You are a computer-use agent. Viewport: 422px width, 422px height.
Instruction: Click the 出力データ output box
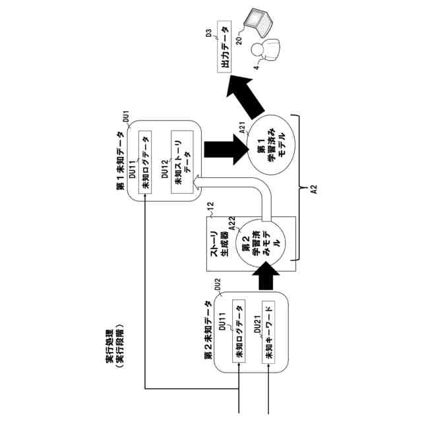click(224, 47)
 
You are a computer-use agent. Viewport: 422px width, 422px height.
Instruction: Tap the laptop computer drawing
click(258, 22)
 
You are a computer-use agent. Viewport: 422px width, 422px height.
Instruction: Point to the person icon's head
click(256, 49)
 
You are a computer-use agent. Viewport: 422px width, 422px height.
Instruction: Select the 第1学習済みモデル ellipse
click(271, 145)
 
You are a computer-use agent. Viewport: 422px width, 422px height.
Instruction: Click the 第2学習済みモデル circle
click(259, 243)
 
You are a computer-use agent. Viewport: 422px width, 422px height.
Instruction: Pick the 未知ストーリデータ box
click(182, 162)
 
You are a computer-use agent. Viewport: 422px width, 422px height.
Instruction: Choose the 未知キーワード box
click(268, 332)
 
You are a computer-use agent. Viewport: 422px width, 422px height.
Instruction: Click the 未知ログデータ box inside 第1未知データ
click(145, 162)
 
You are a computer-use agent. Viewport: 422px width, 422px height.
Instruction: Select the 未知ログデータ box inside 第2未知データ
click(239, 331)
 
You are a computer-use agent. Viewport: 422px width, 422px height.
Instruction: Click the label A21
click(242, 127)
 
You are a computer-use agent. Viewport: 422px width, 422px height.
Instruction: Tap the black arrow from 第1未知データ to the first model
click(226, 150)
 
